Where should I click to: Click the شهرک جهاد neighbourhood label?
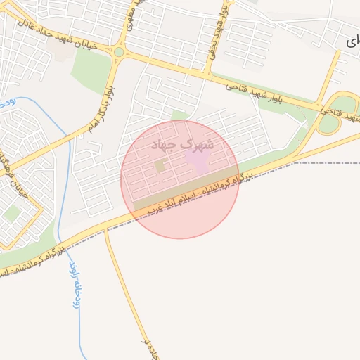(181, 143)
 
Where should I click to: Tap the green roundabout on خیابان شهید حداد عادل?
(119, 51)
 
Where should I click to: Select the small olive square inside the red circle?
(160, 167)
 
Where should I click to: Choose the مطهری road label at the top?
(129, 18)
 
